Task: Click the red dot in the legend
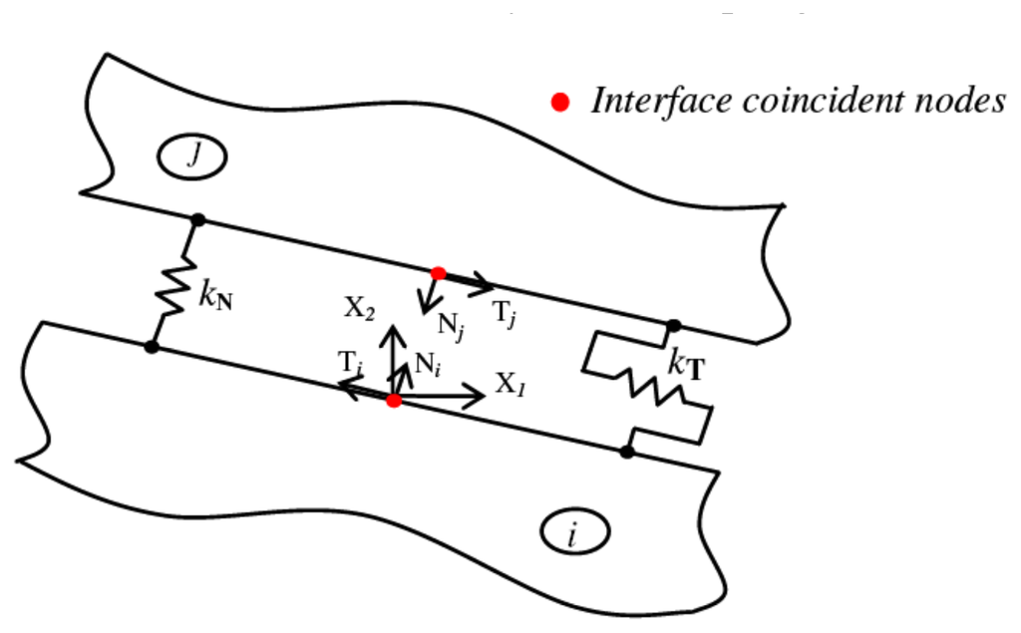click(x=561, y=102)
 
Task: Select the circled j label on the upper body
click(x=194, y=155)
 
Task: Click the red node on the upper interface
click(x=438, y=273)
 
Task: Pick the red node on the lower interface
click(x=394, y=400)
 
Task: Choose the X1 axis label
click(x=511, y=385)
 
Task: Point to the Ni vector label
click(x=428, y=365)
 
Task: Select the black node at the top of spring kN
click(x=197, y=219)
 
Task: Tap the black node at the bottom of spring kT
click(x=626, y=452)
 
